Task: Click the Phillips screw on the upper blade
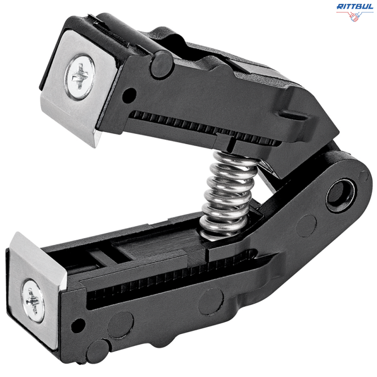(x=80, y=76)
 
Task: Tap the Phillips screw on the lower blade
(x=33, y=300)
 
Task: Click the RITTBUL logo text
(x=355, y=7)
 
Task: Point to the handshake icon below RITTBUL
(x=355, y=17)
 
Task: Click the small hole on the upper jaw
(x=129, y=94)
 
